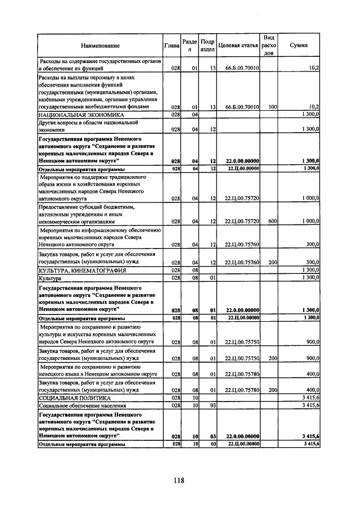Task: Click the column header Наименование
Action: [x=100, y=46]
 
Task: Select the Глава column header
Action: [x=172, y=46]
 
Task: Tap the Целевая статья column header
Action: [x=237, y=46]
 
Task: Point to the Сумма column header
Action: [x=298, y=46]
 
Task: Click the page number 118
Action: [x=179, y=480]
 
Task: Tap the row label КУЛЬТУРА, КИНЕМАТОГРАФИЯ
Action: [x=82, y=271]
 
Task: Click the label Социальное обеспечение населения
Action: [x=82, y=405]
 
